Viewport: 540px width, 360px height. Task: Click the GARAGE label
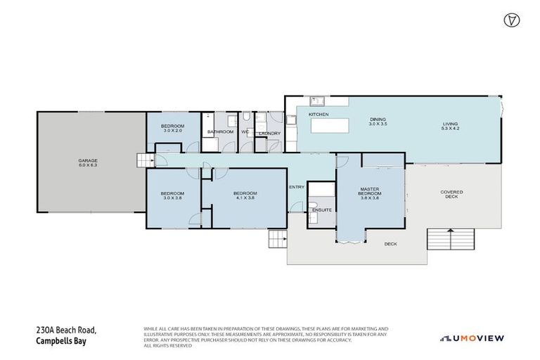pyautogui.click(x=88, y=163)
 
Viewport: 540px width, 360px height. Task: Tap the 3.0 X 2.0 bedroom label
pyautogui.click(x=173, y=128)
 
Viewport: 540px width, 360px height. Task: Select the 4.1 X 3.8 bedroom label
pyautogui.click(x=245, y=195)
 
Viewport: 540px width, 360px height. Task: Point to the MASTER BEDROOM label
pyautogui.click(x=370, y=193)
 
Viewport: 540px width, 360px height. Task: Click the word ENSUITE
pyautogui.click(x=322, y=210)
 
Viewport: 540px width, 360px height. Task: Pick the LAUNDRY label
pyautogui.click(x=269, y=133)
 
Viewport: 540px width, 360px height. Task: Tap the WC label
pyautogui.click(x=245, y=131)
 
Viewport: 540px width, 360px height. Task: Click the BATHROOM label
pyautogui.click(x=220, y=131)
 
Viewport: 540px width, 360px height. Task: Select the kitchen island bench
pyautogui.click(x=328, y=125)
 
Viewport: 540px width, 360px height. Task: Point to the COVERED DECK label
pyautogui.click(x=451, y=195)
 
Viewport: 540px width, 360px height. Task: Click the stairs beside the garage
pyautogui.click(x=145, y=161)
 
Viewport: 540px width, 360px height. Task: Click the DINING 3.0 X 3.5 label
pyautogui.click(x=378, y=122)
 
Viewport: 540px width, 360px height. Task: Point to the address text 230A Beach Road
pyautogui.click(x=66, y=330)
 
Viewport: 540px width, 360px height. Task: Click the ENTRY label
pyautogui.click(x=297, y=186)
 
